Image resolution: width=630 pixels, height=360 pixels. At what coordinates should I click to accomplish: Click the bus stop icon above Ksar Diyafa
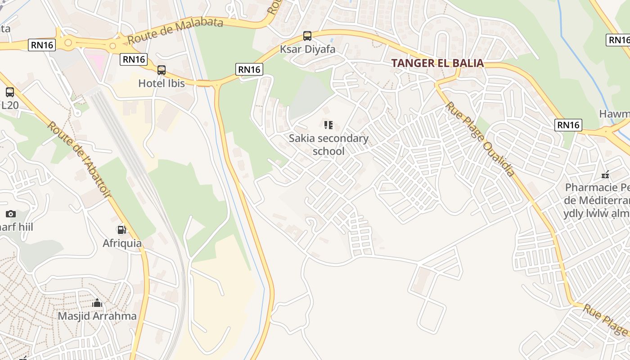tap(307, 36)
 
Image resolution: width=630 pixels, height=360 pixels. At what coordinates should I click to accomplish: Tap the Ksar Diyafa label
tap(308, 49)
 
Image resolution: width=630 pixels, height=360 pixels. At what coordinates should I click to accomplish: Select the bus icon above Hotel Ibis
tap(162, 70)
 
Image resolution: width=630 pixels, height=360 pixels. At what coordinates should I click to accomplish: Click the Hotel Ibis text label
tap(162, 83)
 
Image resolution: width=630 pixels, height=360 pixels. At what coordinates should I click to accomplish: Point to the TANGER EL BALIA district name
tap(437, 63)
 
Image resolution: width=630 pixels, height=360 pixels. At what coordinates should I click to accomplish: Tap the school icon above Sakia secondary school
tap(328, 125)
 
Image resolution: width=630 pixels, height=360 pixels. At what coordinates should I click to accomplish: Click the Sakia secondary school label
tap(328, 144)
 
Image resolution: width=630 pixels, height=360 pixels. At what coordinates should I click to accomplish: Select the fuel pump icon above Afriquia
tap(121, 230)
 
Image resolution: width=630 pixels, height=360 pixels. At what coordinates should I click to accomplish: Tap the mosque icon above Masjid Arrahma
tap(97, 303)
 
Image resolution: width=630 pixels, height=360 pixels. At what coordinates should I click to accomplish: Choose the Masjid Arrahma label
tap(97, 316)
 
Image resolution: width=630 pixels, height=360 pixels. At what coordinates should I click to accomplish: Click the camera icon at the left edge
tap(11, 214)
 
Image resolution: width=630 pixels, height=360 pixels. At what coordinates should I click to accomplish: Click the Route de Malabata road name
tap(175, 31)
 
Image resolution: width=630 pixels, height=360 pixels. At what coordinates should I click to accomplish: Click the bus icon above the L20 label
tap(10, 92)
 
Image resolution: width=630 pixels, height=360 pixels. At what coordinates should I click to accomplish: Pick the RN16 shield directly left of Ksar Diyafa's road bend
tap(249, 69)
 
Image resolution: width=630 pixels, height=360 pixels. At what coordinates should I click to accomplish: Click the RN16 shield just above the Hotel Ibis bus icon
tap(134, 59)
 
